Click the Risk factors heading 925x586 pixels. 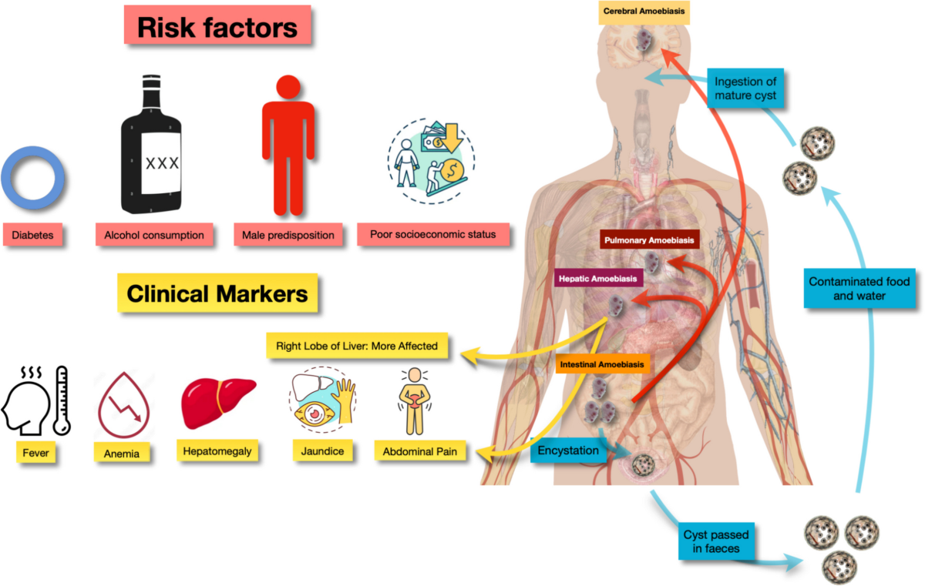[x=217, y=28]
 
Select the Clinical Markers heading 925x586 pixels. [x=217, y=293]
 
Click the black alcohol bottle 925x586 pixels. [x=152, y=146]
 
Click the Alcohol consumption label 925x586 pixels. [x=154, y=235]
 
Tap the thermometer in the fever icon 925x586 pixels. [x=61, y=400]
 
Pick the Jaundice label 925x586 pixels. [x=318, y=450]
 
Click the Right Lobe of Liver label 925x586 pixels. [x=362, y=346]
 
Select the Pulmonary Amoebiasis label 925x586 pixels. [x=650, y=240]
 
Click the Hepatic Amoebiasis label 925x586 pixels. [x=597, y=278]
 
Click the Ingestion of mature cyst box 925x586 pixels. [x=745, y=89]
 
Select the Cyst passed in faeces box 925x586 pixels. [x=716, y=541]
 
